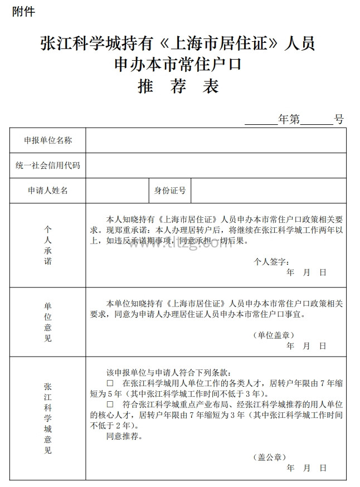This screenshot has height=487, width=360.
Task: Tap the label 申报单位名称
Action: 48,140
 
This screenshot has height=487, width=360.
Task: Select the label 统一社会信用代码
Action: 48,165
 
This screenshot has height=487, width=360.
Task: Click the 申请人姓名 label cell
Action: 48,191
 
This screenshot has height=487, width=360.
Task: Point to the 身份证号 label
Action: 170,191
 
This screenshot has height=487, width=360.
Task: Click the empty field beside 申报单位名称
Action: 216,140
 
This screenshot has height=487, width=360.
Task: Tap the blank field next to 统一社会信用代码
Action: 216,165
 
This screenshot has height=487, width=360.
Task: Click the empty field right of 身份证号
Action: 268,191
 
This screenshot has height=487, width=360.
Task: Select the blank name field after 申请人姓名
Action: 117,191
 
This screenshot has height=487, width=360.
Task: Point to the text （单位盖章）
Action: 273,335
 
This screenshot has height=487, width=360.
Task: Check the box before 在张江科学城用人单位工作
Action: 110,383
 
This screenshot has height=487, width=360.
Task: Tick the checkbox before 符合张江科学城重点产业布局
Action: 110,404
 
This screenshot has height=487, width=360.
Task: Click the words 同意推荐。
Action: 124,436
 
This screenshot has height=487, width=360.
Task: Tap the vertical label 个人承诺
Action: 48,245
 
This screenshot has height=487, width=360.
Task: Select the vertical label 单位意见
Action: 48,322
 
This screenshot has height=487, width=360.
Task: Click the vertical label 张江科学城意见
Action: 48,418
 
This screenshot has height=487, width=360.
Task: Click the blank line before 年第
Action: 261,120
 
